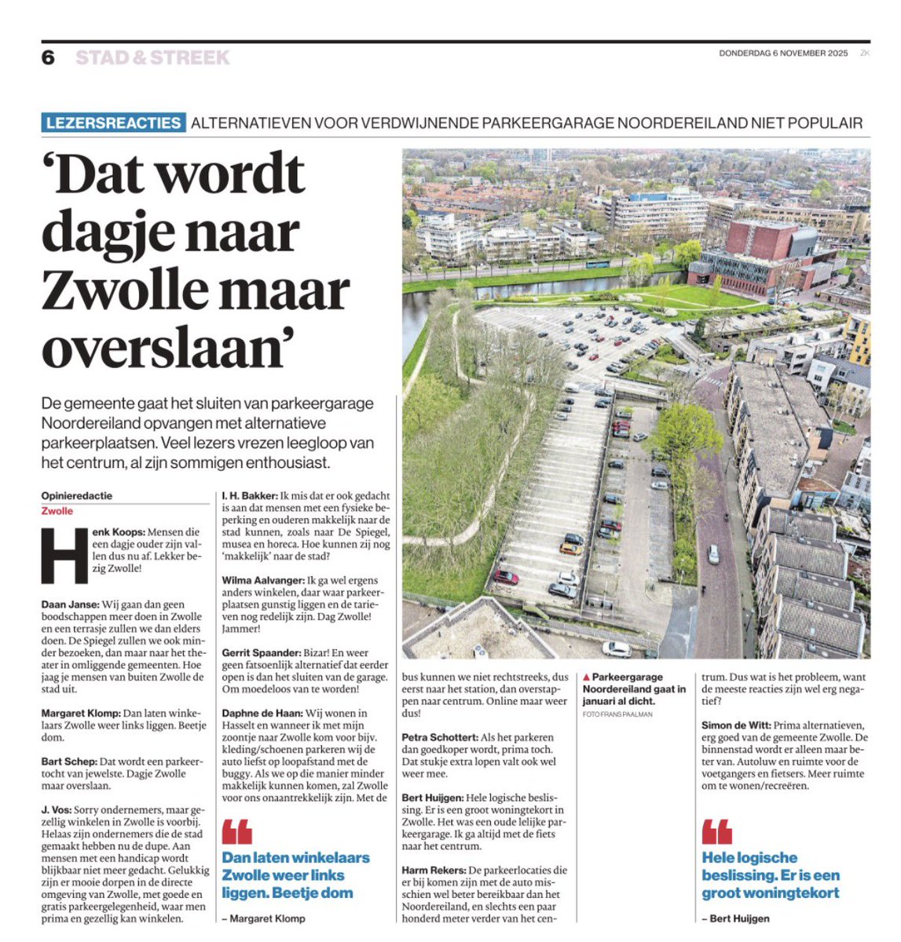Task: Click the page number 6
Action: click(49, 57)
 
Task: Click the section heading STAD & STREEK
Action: click(152, 57)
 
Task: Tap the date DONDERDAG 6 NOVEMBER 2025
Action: click(783, 53)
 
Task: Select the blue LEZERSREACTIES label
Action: click(113, 123)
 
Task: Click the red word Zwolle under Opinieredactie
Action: click(57, 511)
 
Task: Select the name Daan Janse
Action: click(70, 604)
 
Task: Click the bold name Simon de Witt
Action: click(735, 725)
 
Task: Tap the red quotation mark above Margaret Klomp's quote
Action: click(236, 832)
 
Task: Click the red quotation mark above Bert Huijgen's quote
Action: click(716, 832)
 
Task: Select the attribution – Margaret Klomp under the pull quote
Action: click(263, 918)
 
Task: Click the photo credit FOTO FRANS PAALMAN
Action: click(617, 714)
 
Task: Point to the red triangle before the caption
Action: click(586, 677)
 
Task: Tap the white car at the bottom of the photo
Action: click(617, 648)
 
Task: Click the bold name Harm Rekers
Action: click(434, 871)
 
